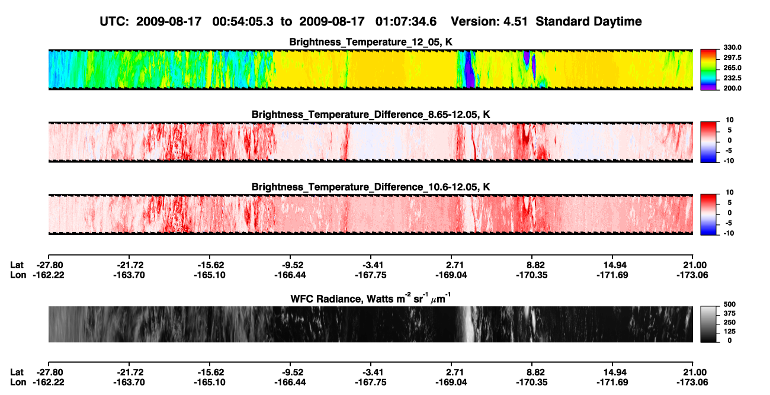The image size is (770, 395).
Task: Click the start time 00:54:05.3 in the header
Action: [x=243, y=21]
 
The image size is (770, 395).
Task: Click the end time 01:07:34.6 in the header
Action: [x=406, y=21]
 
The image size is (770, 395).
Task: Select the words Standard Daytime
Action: [x=589, y=21]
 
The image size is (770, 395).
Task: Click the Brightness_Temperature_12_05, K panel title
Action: [x=371, y=42]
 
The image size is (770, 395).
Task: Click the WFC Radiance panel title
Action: [x=371, y=298]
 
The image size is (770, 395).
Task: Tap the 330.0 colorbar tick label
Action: [x=732, y=47]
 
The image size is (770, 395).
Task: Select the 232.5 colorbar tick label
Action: [x=732, y=78]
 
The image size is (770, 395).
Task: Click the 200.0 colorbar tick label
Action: [x=732, y=88]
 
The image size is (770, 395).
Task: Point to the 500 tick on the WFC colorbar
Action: [x=730, y=304]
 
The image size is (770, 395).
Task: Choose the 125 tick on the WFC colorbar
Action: [x=730, y=332]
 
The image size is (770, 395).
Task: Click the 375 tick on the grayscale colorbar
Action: [x=730, y=313]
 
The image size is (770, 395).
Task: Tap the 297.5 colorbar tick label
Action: [x=732, y=57]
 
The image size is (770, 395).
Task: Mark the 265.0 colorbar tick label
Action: [x=732, y=68]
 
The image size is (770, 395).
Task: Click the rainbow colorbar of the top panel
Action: [x=708, y=70]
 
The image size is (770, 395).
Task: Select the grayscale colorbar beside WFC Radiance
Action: [x=708, y=324]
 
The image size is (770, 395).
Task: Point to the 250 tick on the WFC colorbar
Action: [x=730, y=323]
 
